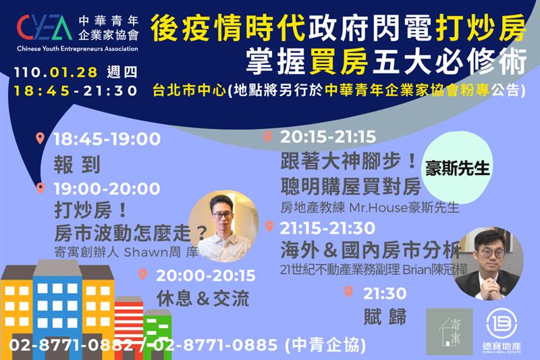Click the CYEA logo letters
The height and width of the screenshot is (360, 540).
tap(44, 28)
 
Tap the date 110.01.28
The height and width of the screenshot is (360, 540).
tap(56, 72)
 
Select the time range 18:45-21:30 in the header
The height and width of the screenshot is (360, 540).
tap(76, 91)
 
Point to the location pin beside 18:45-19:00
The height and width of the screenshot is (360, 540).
tap(40, 138)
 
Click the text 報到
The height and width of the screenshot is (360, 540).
tap(77, 164)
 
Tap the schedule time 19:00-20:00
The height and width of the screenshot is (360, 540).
tap(107, 189)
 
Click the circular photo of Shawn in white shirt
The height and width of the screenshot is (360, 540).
tap(223, 226)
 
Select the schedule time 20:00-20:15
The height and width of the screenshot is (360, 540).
tap(206, 276)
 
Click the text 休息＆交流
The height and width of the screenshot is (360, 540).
tap(203, 299)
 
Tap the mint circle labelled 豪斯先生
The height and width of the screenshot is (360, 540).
tap(457, 168)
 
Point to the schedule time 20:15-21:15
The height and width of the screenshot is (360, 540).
tap(328, 136)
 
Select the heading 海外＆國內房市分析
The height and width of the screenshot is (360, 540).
tap(371, 250)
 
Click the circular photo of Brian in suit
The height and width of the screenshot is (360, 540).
tap(489, 263)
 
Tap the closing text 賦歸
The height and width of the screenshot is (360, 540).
tap(385, 317)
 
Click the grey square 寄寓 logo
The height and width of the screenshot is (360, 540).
tap(450, 332)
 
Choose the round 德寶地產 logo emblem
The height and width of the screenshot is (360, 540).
tap(502, 324)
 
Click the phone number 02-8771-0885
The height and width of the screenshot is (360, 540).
tap(215, 345)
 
